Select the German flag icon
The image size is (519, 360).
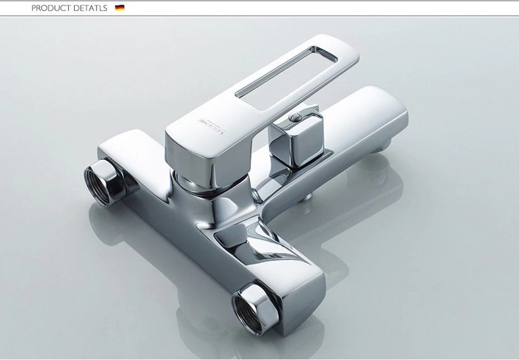click(x=119, y=8)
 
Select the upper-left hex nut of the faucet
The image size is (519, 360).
click(x=103, y=181)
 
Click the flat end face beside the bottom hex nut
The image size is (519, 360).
click(x=305, y=305)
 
